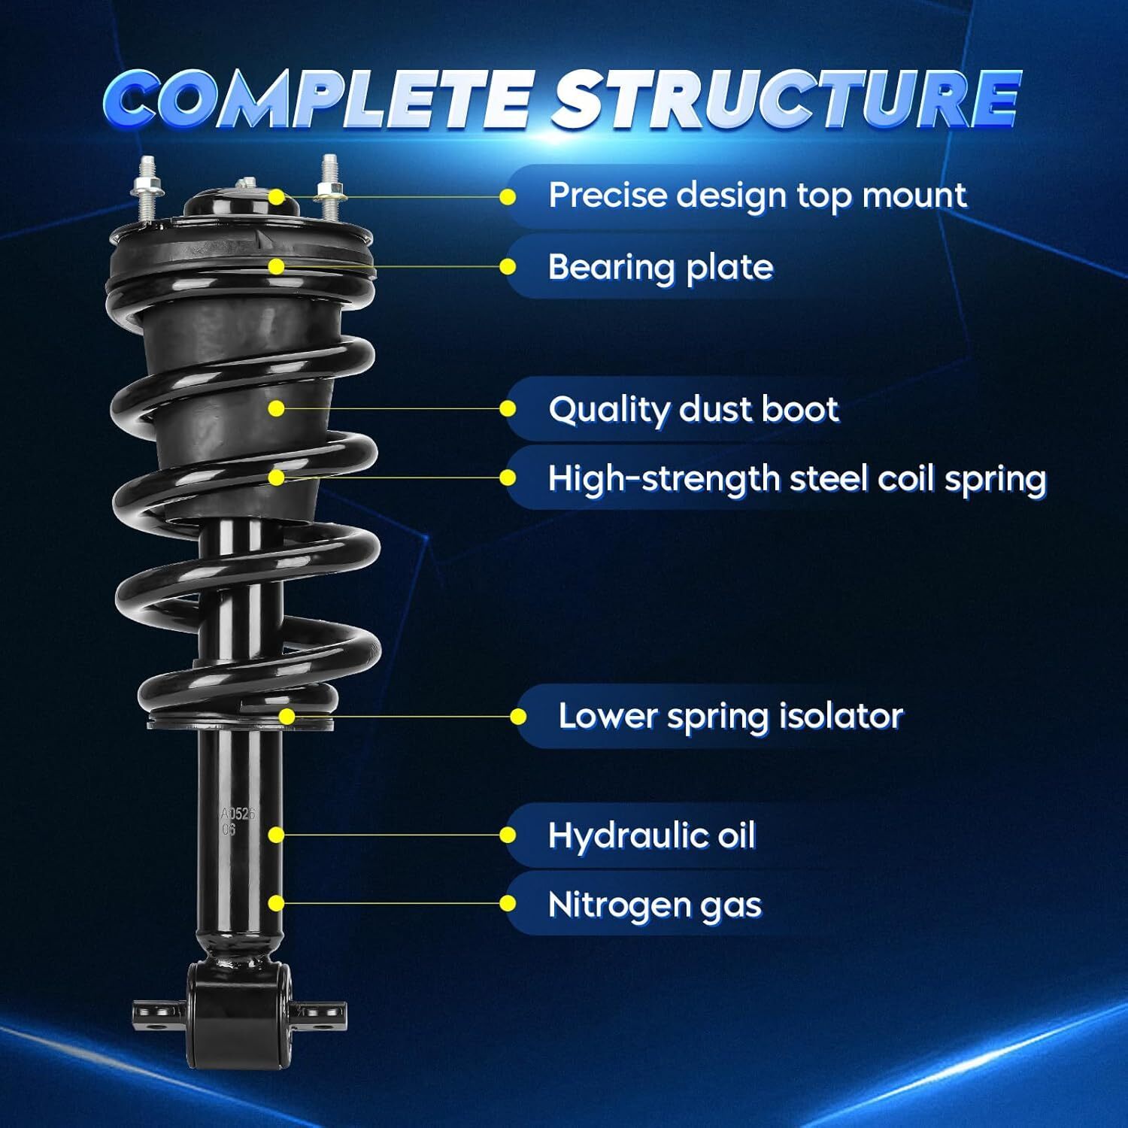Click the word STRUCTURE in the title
[786, 99]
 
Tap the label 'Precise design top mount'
[757, 196]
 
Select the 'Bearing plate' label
[660, 267]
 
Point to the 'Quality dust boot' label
[693, 410]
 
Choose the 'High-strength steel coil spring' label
[796, 478]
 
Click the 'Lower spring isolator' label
[729, 716]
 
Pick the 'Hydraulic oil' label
[651, 835]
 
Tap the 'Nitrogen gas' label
[654, 905]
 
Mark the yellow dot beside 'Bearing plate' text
[508, 267]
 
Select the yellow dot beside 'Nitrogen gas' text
[508, 904]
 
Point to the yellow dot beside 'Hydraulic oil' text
[508, 835]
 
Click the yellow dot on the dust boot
[277, 408]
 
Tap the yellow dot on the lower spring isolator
[287, 717]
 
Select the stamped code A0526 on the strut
[238, 814]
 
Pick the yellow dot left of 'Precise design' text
[508, 197]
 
